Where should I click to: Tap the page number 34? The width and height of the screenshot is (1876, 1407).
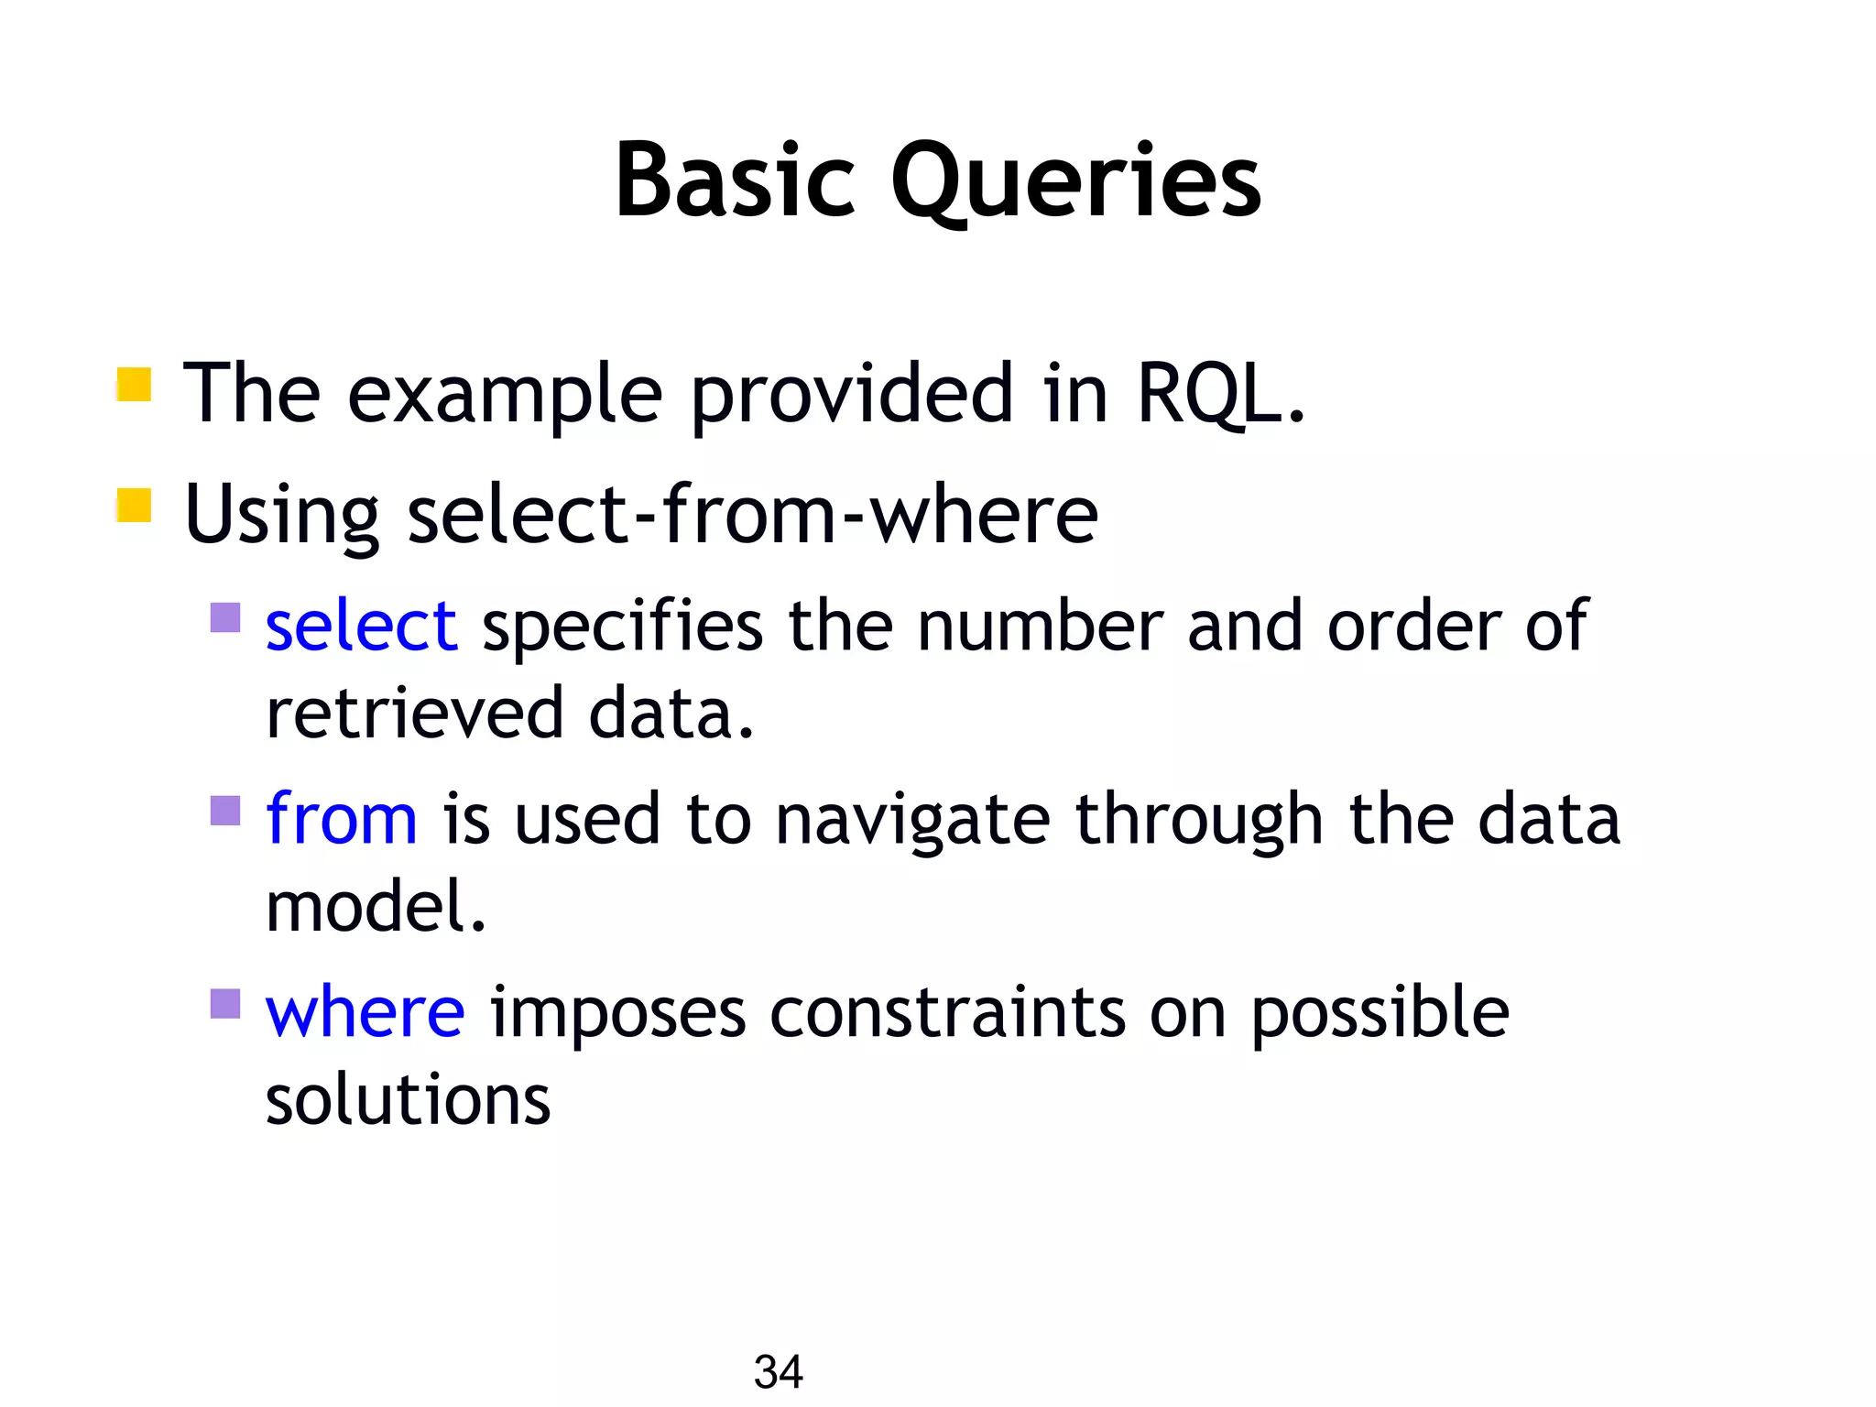pyautogui.click(x=778, y=1371)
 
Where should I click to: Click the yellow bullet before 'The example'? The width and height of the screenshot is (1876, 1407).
pyautogui.click(x=134, y=385)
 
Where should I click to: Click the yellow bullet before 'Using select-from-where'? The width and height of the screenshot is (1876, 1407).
pyautogui.click(x=134, y=506)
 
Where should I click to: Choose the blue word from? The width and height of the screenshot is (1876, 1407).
pyautogui.click(x=341, y=818)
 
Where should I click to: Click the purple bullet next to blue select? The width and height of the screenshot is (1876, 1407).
pyautogui.click(x=225, y=617)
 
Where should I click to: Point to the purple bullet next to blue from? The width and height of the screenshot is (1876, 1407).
pyautogui.click(x=225, y=811)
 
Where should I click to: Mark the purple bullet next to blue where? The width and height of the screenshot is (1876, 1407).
pyautogui.click(x=225, y=1004)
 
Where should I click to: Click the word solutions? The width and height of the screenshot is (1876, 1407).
pyautogui.click(x=408, y=1099)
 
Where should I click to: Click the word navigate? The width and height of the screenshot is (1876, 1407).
pyautogui.click(x=912, y=820)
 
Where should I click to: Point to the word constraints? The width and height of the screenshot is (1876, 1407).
pyautogui.click(x=947, y=1013)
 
